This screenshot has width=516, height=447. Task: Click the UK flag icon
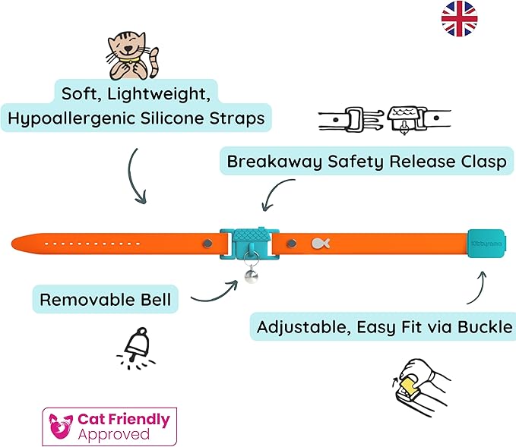(x=460, y=18)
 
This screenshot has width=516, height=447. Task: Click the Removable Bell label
(x=106, y=300)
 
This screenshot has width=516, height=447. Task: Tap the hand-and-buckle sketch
(x=416, y=384)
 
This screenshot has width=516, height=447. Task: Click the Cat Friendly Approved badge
(x=109, y=426)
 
